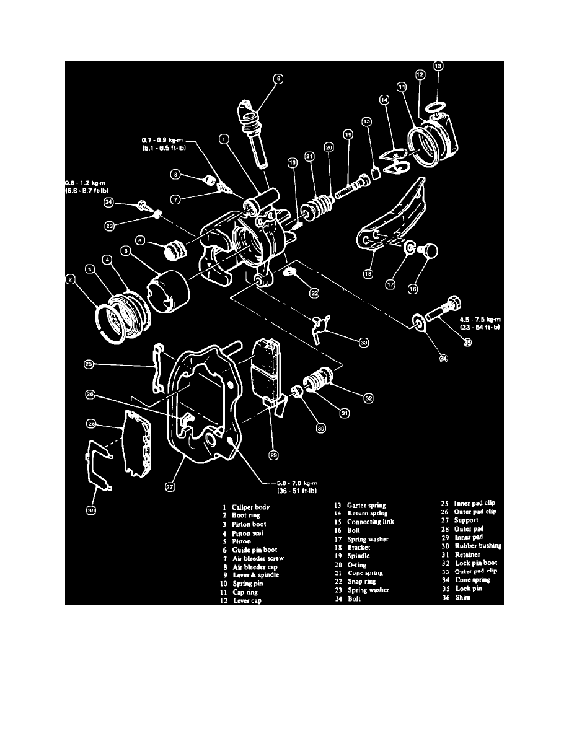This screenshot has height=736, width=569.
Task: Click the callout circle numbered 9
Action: pos(278,79)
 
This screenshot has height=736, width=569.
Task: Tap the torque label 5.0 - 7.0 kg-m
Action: pos(291,483)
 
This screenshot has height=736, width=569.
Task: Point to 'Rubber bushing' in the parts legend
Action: pos(478,546)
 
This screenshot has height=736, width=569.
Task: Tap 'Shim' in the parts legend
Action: pos(464,597)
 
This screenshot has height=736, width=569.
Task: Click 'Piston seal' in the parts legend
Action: pos(249,533)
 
